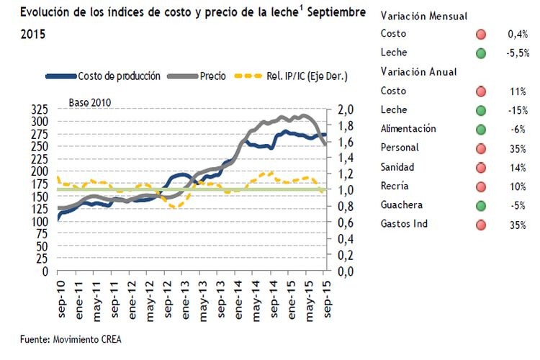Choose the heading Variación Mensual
coord(423,15)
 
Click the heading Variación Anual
coord(418,72)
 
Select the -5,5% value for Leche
coord(517,53)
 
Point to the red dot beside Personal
coord(481,148)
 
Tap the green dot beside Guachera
coord(481,205)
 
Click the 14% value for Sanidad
coord(518,167)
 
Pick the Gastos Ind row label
coord(404,224)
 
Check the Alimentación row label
coord(408,129)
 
